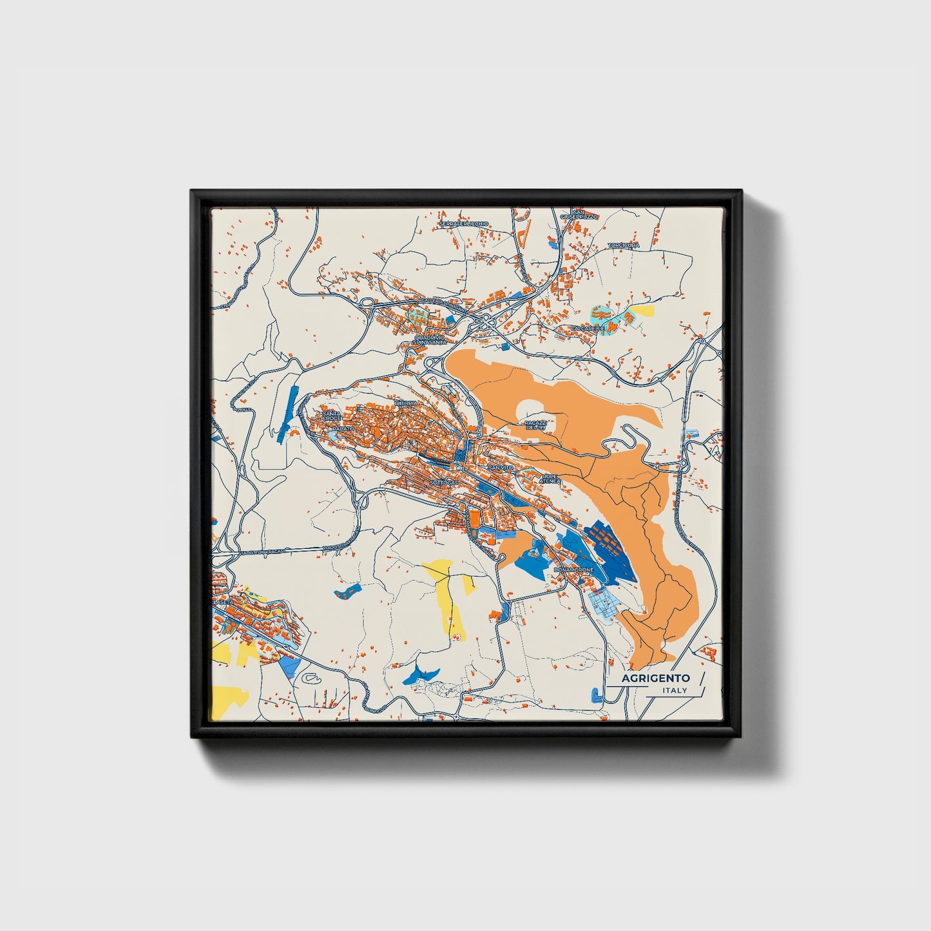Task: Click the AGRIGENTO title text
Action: pos(656,678)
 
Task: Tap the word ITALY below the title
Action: pos(675,691)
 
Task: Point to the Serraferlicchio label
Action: pos(464,224)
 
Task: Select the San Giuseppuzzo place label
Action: pos(579,215)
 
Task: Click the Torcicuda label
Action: pos(624,245)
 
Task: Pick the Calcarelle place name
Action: pos(588,329)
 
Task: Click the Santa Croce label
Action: pos(332,416)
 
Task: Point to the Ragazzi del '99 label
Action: pos(535,425)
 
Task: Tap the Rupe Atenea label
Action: pos(551,479)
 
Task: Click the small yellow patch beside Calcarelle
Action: pos(642,311)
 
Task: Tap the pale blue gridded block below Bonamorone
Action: pos(605,602)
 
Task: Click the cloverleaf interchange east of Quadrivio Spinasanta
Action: pos(483,321)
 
